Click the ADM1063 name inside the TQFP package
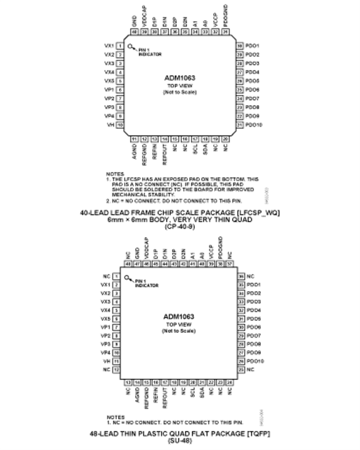point(179,316)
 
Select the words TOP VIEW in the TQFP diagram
point(179,324)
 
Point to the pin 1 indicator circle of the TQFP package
point(127,278)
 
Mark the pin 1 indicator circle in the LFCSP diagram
point(130,46)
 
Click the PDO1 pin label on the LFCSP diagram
point(252,46)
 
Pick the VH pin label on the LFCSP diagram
point(109,125)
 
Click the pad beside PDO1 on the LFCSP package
point(240,46)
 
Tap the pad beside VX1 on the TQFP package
point(116,285)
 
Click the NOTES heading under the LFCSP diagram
point(114,174)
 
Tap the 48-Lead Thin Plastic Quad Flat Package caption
point(179,433)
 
